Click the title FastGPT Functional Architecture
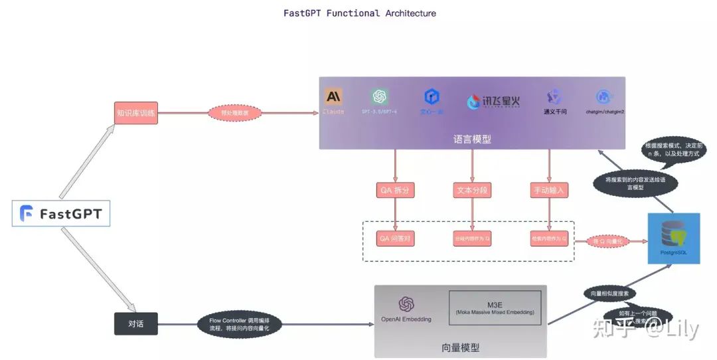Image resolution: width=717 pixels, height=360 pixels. (360, 13)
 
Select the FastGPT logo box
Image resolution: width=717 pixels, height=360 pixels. (61, 214)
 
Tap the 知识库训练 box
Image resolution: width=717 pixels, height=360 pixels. (135, 113)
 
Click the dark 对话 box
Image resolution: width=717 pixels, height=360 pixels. (135, 324)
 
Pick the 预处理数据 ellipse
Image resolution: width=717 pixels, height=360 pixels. (234, 113)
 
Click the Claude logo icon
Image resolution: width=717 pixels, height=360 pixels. (333, 97)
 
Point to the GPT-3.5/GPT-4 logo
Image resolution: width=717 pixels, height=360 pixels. (380, 97)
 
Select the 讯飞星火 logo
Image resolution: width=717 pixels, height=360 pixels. (493, 102)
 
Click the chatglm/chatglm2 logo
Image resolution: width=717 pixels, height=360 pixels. (603, 97)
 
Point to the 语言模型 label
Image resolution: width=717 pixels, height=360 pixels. (472, 139)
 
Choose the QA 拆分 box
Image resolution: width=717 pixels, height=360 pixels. (396, 190)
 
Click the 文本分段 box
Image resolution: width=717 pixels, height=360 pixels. (472, 190)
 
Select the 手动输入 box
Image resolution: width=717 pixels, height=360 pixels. (550, 190)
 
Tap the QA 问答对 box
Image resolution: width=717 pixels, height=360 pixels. (396, 238)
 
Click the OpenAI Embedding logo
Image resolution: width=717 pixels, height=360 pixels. (406, 306)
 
